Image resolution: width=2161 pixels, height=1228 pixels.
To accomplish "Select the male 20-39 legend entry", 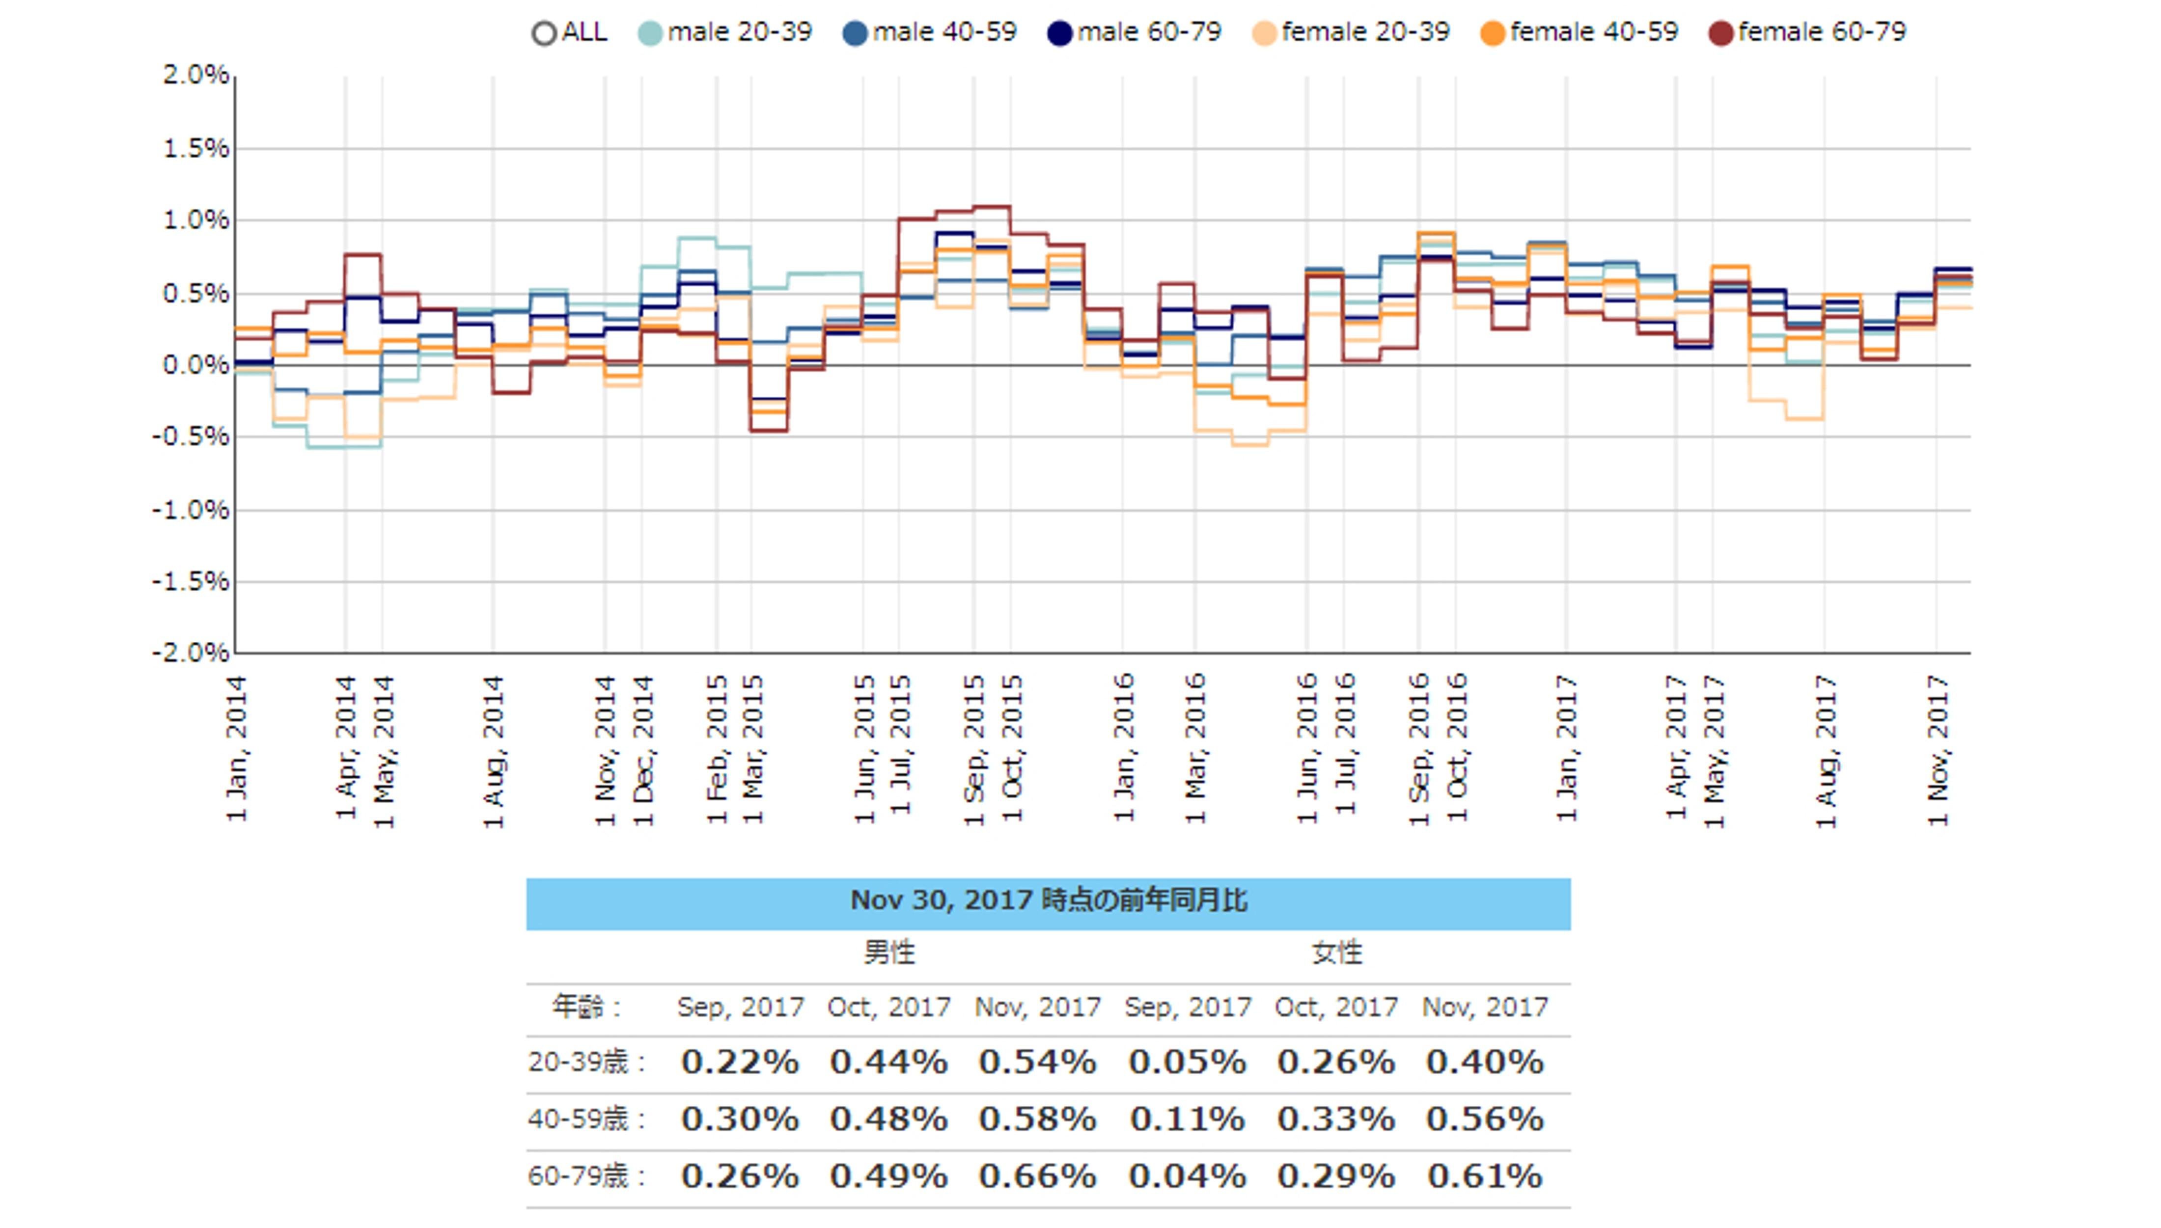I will pyautogui.click(x=725, y=33).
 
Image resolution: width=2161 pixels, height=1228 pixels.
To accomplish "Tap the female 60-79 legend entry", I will pyautogui.click(x=1807, y=33).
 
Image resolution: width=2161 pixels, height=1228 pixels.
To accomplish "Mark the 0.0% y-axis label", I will pyautogui.click(x=195, y=365).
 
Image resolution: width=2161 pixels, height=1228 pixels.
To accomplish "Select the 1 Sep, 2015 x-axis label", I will pyautogui.click(x=974, y=749).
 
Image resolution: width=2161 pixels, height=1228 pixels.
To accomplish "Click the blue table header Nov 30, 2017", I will pyautogui.click(x=1048, y=901).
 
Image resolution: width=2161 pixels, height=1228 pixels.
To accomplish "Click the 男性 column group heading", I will pyautogui.click(x=889, y=953).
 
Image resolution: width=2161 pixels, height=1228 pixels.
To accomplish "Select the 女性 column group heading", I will pyautogui.click(x=1336, y=953).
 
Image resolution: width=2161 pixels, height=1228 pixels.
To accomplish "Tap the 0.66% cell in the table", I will pyautogui.click(x=1037, y=1176).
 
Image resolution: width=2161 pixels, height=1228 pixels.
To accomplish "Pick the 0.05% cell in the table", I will pyautogui.click(x=1187, y=1062).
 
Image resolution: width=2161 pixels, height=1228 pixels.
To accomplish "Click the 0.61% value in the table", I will pyautogui.click(x=1485, y=1176).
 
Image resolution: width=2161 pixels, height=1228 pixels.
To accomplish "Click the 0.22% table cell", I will pyautogui.click(x=740, y=1062).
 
